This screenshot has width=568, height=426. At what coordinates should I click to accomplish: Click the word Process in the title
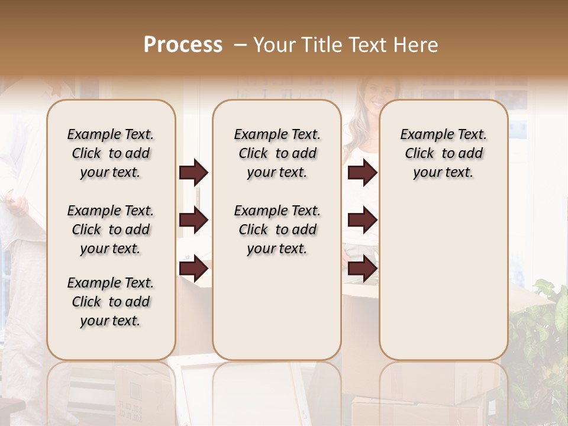coord(183,45)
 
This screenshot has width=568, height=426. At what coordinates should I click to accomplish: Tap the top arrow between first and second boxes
coord(193,173)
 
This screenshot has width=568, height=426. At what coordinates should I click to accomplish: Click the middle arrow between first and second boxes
coord(193,221)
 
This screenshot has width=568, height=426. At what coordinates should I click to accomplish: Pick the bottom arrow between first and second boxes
coord(193,269)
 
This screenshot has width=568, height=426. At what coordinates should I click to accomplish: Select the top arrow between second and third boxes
coord(362,173)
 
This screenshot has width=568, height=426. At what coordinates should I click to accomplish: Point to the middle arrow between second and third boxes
coord(362,221)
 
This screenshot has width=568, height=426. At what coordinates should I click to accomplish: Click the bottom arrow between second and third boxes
coord(362,269)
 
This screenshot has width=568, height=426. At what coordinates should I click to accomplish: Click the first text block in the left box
coord(111,153)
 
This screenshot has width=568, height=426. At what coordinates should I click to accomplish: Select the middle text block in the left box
coord(111,230)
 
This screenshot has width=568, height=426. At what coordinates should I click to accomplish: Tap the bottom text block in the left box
coord(111,302)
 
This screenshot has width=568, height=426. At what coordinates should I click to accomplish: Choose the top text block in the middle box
coord(277,153)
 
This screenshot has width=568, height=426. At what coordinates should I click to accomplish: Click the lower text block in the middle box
coord(277,230)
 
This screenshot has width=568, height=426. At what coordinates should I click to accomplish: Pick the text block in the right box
coord(443,153)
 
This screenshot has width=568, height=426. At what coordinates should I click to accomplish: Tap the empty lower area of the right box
coord(443,278)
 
